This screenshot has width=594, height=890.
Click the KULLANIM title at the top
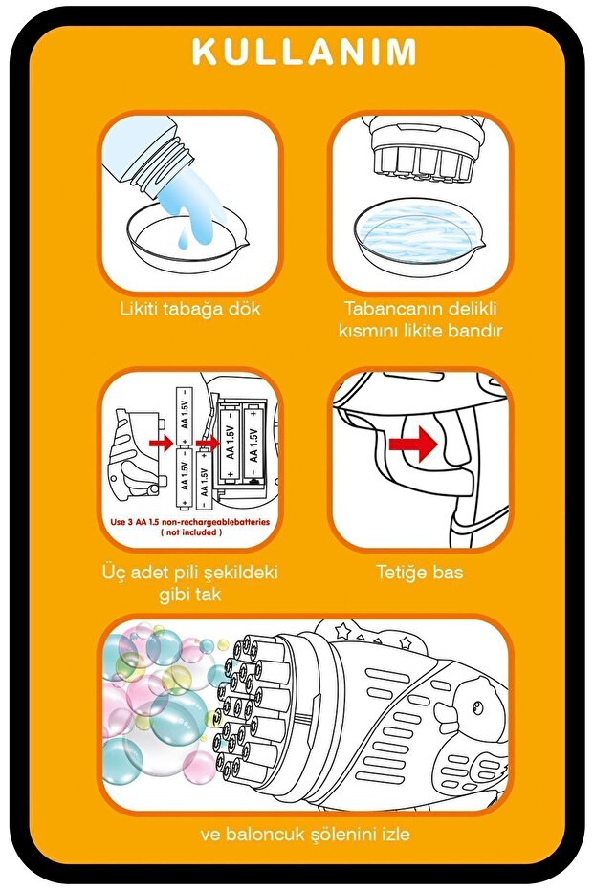[x=304, y=52]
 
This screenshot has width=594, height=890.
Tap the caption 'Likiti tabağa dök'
[x=190, y=310]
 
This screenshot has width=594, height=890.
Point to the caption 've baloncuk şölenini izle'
[x=305, y=834]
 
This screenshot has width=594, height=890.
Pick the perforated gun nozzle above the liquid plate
[x=420, y=153]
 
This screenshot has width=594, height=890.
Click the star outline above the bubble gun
[x=342, y=631]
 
